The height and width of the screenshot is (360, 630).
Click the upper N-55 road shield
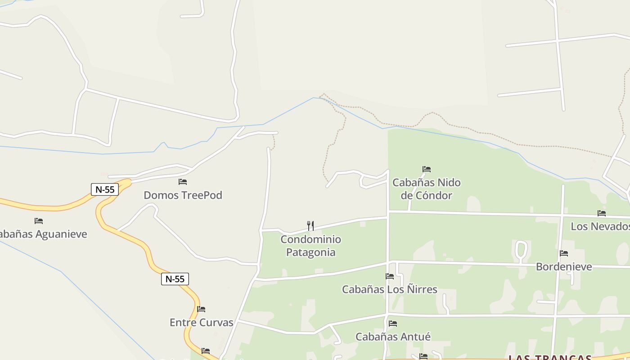pos(105,189)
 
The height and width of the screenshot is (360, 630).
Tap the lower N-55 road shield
pos(175,279)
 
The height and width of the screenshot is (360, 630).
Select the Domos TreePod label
pos(183,195)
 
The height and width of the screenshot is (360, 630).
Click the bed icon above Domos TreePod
pos(183,182)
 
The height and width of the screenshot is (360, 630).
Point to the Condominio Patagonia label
pos(310,246)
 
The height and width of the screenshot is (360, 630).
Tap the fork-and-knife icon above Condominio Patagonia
pos(310,225)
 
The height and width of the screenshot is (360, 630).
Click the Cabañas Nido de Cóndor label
pos(426,189)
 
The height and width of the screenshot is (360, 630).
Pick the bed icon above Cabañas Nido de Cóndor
pos(427,169)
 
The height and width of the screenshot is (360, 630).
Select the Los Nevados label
pos(600,226)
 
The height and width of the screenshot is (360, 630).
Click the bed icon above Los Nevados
pos(602,213)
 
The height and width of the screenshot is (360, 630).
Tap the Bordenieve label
pos(564,267)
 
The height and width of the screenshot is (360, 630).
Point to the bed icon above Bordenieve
pos(564,253)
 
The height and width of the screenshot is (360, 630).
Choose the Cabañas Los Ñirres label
pos(390,289)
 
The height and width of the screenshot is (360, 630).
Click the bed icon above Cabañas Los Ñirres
pos(390,276)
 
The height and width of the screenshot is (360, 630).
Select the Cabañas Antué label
pos(393,337)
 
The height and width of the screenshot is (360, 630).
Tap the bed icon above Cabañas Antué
pos(393,324)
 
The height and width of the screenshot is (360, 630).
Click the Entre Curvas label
pos(201,323)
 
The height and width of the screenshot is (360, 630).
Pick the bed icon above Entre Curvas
pos(201,309)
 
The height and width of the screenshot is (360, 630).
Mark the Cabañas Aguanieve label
pos(43,234)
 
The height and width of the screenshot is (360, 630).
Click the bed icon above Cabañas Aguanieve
pos(39,221)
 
